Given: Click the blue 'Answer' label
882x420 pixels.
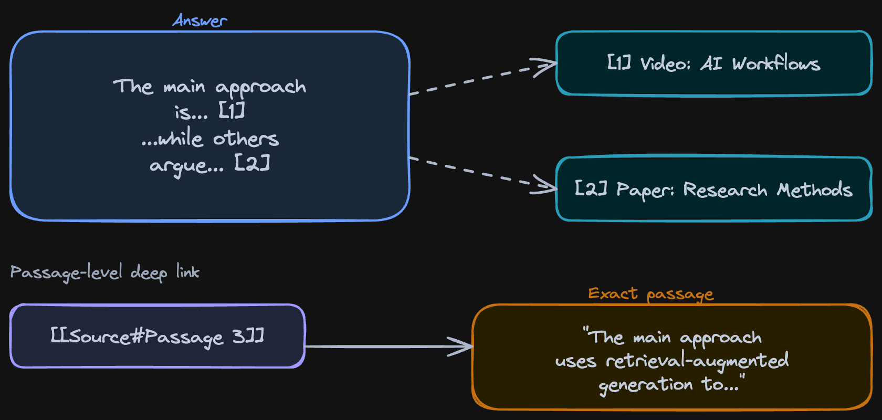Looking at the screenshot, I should (199, 21).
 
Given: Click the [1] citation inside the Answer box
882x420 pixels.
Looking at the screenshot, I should (232, 111).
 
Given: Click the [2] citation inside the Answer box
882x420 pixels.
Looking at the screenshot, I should (252, 163).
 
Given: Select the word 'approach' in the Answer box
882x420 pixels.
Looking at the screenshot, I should (260, 87).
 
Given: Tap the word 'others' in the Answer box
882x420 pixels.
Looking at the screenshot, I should (246, 139).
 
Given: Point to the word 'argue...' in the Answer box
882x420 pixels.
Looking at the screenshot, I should (186, 165).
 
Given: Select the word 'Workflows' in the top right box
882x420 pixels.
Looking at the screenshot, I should (776, 64).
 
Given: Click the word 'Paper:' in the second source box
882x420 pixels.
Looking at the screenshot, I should (645, 190).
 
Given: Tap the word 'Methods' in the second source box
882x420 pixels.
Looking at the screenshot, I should (814, 190).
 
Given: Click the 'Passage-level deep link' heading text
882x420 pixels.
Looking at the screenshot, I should (105, 272).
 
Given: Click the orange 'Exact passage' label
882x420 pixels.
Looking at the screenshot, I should (650, 293).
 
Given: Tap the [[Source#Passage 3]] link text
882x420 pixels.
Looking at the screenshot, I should (157, 336).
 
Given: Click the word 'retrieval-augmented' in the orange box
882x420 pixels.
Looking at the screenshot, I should (697, 361).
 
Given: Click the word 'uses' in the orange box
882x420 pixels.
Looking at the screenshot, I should (575, 361).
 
